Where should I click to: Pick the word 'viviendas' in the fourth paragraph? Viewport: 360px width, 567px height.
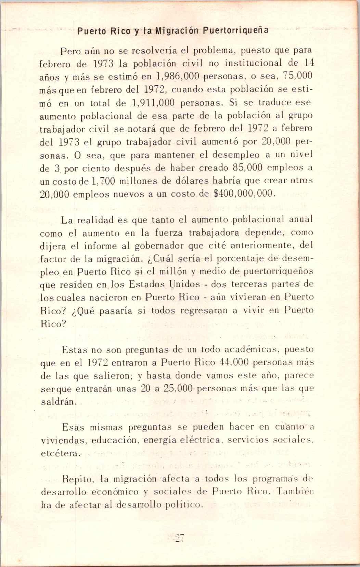(x=62, y=440)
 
